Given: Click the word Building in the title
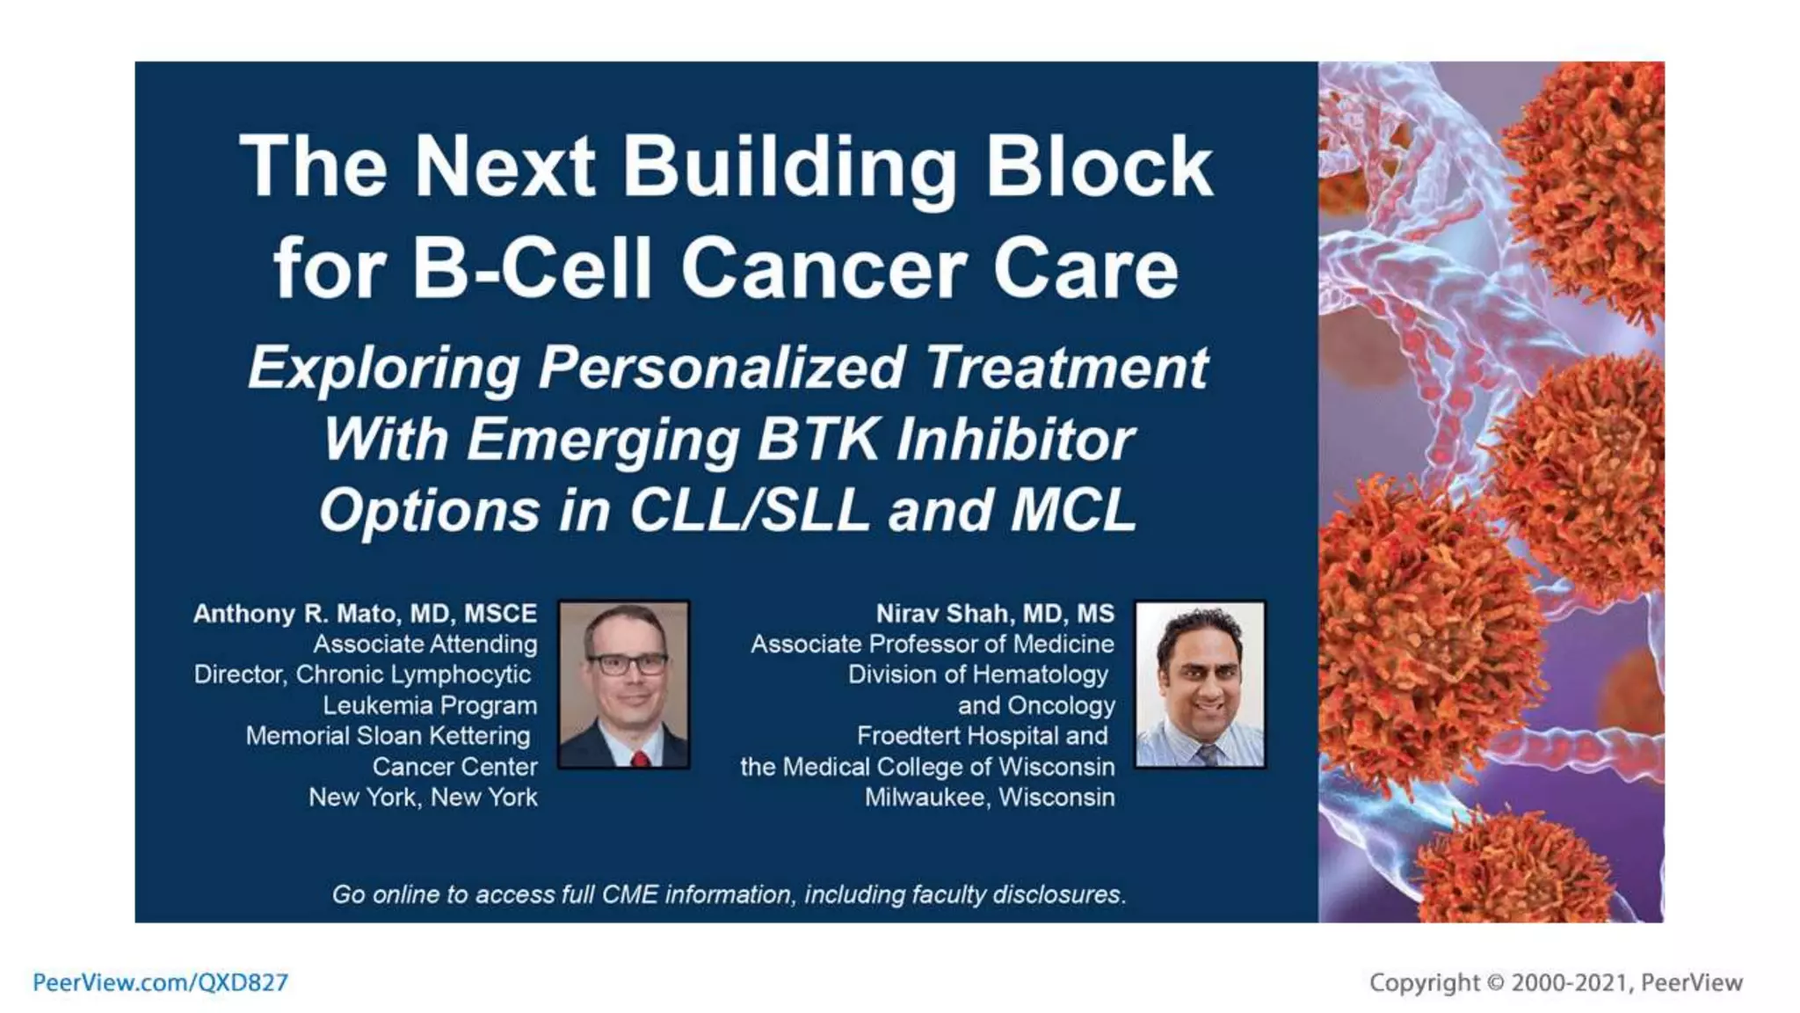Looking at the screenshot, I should pyautogui.click(x=789, y=167).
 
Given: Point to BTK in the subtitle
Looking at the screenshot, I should pyautogui.click(x=817, y=439).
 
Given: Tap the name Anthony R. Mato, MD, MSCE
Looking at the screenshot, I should pyautogui.click(x=365, y=613).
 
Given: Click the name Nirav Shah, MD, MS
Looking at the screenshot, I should pyautogui.click(x=995, y=613).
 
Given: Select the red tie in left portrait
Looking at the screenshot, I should pyautogui.click(x=639, y=757).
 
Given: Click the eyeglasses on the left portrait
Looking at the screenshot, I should pyautogui.click(x=626, y=664).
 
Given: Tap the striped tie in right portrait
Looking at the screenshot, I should pyautogui.click(x=1207, y=754).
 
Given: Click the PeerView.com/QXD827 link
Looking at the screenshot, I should pyautogui.click(x=160, y=982).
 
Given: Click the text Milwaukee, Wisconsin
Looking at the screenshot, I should pyautogui.click(x=989, y=798).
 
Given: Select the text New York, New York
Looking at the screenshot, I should pyautogui.click(x=423, y=798).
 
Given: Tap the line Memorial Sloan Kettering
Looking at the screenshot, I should pyautogui.click(x=388, y=736).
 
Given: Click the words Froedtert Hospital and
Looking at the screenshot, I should pyautogui.click(x=982, y=736).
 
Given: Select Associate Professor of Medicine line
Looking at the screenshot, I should pyautogui.click(x=932, y=644).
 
